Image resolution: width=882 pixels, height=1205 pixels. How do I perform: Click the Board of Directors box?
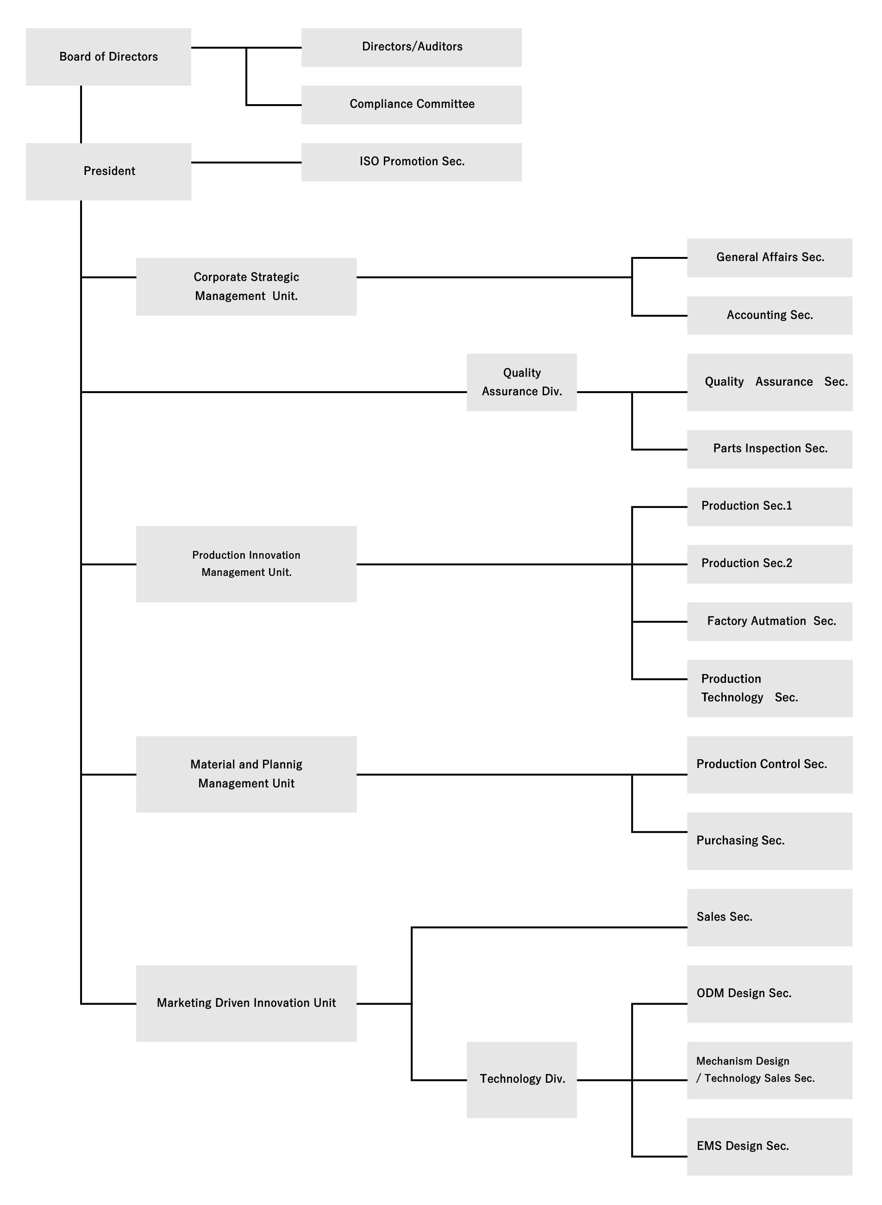point(108,56)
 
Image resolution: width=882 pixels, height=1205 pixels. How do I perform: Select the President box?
point(108,171)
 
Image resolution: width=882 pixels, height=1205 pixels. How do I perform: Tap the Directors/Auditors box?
point(411,48)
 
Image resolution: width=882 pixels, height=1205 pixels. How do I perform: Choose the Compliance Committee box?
point(411,105)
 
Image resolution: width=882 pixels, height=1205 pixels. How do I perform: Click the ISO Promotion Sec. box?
point(411,162)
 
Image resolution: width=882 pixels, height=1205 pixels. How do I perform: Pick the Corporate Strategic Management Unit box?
point(246,287)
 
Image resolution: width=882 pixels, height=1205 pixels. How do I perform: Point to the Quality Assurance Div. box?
point(522,382)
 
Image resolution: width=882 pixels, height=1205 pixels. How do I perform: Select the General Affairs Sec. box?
point(769,258)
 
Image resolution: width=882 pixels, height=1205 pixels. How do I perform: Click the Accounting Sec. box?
point(769,316)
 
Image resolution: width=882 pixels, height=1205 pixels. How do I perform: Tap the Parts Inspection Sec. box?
point(769,449)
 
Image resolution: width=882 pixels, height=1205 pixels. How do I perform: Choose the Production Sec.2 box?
point(769,564)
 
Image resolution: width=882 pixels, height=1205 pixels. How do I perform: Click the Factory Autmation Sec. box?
point(769,621)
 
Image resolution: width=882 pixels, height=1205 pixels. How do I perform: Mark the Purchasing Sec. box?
point(769,841)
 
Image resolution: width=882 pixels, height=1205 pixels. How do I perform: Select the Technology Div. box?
point(522,1080)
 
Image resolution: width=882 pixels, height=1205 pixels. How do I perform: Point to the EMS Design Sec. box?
point(769,1146)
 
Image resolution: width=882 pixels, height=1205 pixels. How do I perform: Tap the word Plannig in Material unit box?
point(282,765)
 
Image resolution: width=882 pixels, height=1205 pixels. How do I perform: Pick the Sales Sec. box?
point(769,917)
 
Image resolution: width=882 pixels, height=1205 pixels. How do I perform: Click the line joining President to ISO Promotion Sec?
point(246,162)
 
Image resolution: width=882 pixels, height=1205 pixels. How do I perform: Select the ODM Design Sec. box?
point(769,993)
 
